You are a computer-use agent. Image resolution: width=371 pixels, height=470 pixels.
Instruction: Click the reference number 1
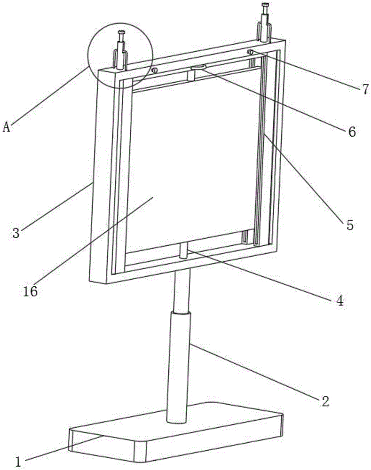click(18, 461)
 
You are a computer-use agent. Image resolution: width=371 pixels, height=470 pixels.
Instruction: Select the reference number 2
click(325, 401)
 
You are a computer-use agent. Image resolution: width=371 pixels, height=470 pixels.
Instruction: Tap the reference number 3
click(16, 233)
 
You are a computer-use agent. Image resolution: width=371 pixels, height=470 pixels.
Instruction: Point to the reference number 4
click(339, 300)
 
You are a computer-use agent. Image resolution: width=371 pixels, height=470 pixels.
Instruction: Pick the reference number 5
click(349, 225)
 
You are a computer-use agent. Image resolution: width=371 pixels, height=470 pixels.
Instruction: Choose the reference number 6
click(351, 131)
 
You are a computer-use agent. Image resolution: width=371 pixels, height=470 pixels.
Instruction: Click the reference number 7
click(365, 89)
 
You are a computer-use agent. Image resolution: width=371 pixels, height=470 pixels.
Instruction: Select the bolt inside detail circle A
click(121, 45)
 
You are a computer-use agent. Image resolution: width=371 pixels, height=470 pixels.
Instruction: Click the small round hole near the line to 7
click(251, 52)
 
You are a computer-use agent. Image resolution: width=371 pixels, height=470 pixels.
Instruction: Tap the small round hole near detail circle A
click(153, 70)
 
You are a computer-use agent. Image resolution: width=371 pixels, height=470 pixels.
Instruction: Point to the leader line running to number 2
click(254, 371)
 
